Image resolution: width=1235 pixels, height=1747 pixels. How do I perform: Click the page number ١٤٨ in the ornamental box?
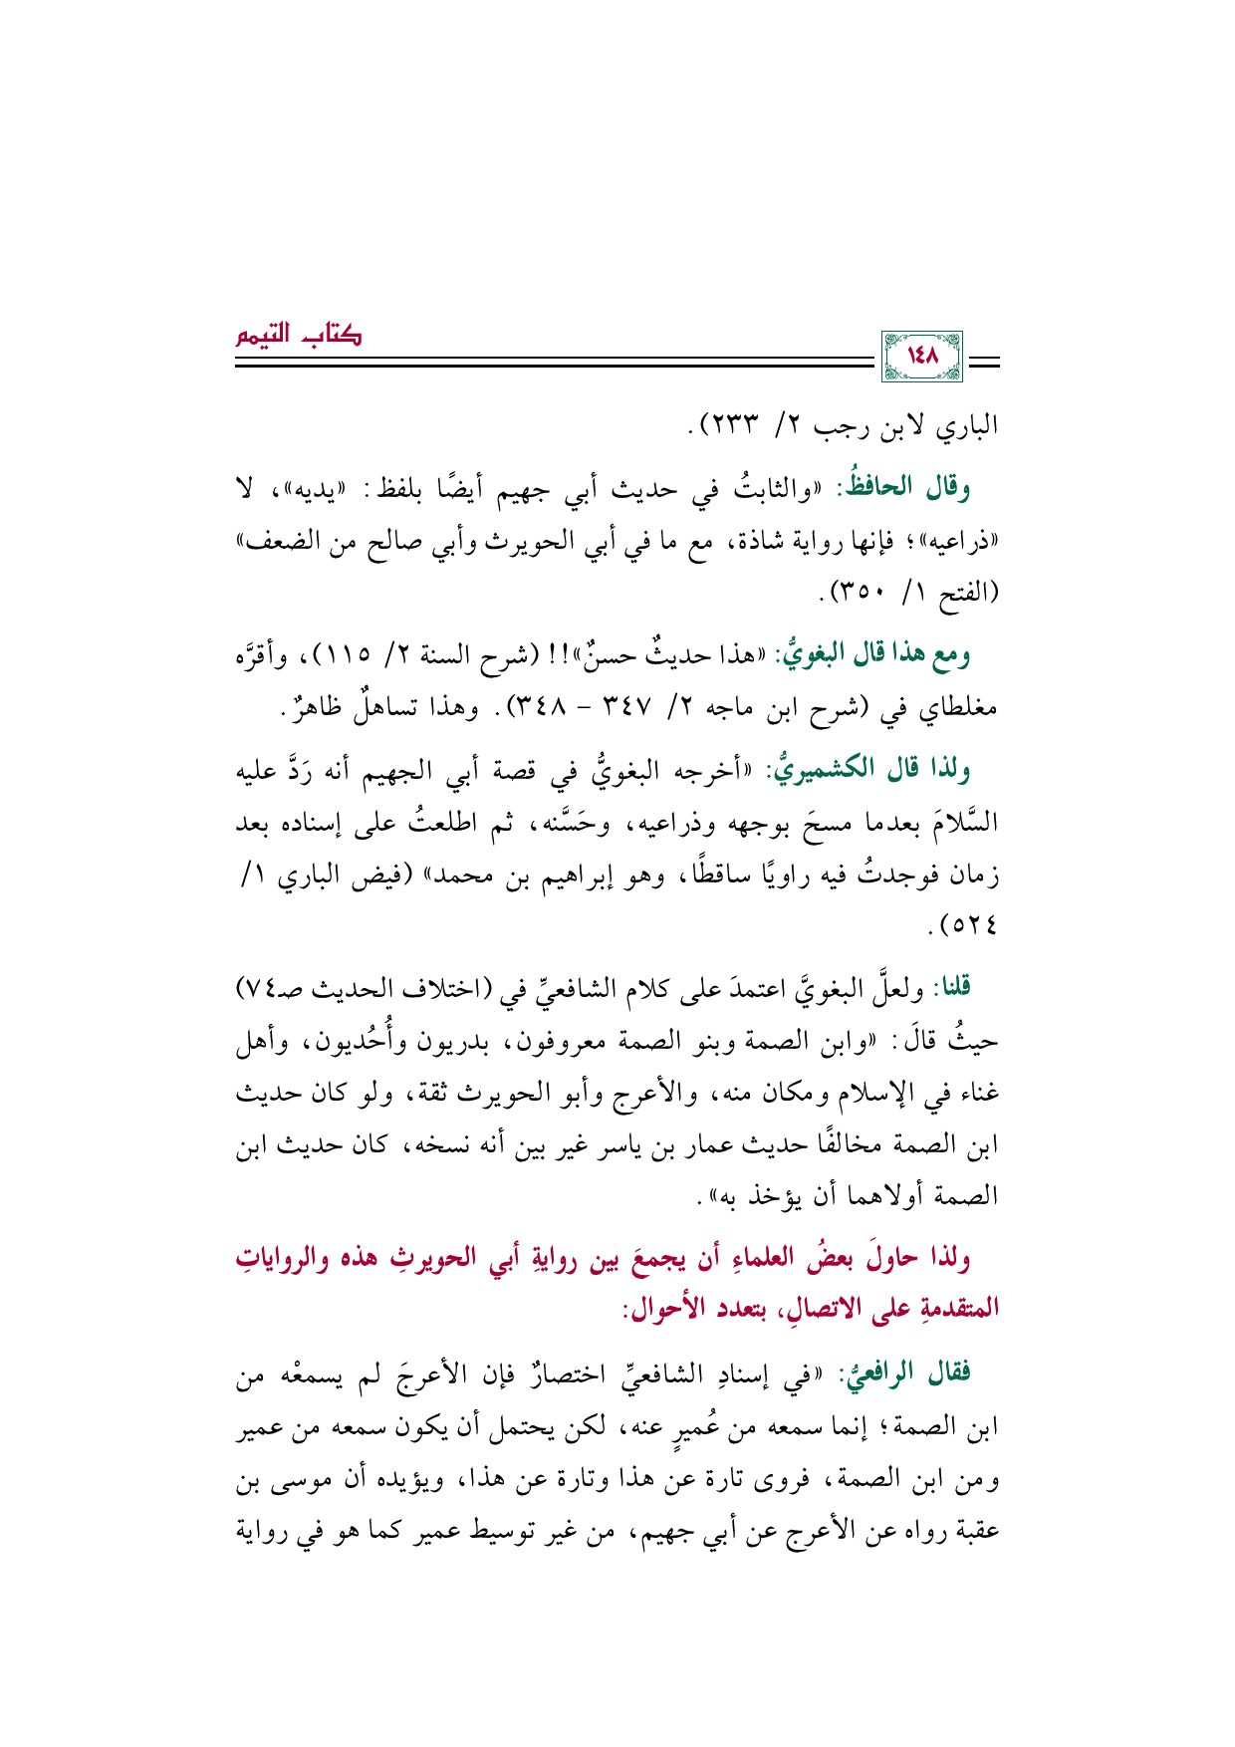922,356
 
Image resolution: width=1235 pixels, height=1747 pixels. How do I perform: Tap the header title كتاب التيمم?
298,335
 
